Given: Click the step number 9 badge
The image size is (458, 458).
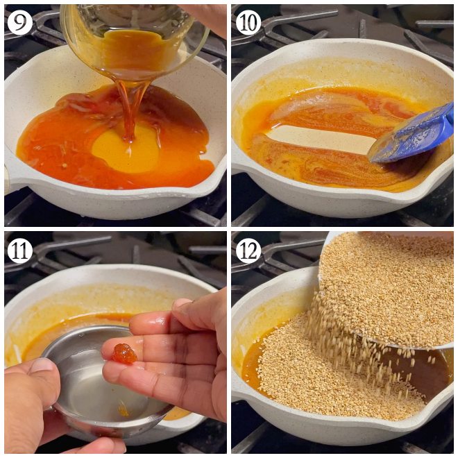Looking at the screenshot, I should point(19,23).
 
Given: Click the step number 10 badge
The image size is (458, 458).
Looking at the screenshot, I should point(248,23).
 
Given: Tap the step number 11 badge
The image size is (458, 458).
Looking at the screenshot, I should point(19,251).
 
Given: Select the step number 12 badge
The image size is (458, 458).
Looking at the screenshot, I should point(248,251).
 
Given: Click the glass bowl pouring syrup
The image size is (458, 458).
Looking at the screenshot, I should point(132,35).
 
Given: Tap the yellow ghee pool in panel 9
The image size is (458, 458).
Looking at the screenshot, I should point(125,149).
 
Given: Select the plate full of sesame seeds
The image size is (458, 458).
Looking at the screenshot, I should point(389,285).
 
